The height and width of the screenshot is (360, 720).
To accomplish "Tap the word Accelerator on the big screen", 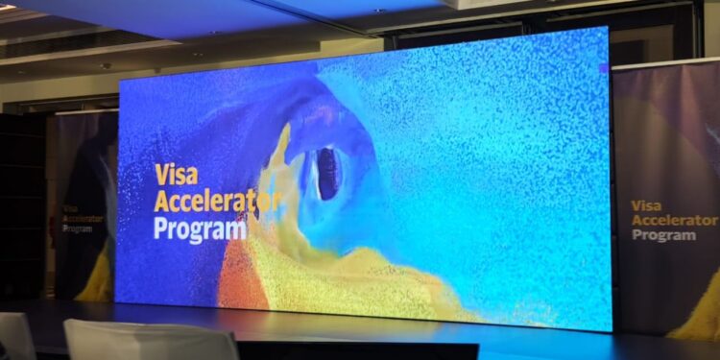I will coord(217,203).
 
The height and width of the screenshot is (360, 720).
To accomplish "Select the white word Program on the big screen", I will coord(200,230).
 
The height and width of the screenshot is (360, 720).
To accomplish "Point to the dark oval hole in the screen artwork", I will coord(327,174).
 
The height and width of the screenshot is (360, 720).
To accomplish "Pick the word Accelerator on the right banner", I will coord(673,221).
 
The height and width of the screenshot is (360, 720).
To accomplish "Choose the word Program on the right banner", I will coord(662,236).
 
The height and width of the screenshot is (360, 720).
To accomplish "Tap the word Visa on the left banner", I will coord(69,207).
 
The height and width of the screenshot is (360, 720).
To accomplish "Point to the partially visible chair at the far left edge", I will coord(14,336).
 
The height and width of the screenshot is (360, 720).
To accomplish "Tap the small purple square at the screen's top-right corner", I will coord(603,68).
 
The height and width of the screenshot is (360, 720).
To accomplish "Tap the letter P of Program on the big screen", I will coord(161,230).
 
